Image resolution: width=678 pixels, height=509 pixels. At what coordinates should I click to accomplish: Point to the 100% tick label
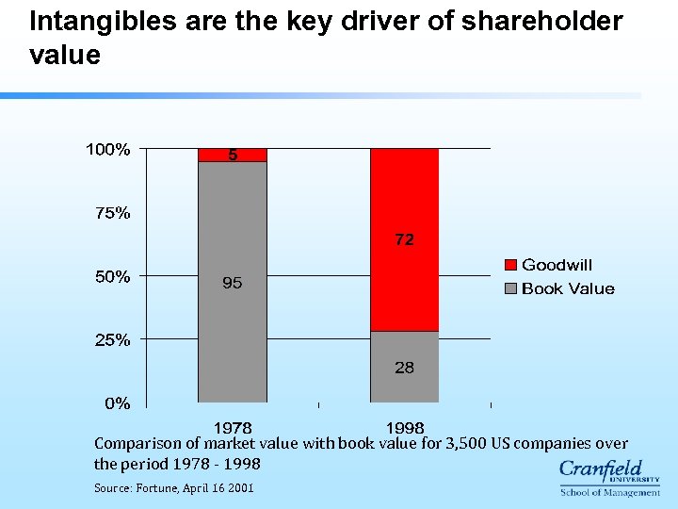click(108, 149)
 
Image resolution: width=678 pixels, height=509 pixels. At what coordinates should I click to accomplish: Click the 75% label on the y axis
click(113, 213)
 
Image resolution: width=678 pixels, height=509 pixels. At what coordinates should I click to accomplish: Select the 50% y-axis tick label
click(113, 277)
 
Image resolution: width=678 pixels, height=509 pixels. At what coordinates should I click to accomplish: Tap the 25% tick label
click(113, 340)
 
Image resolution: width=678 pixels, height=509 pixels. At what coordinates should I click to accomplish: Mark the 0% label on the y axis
click(118, 403)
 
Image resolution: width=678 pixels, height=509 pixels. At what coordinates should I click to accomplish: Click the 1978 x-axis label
click(233, 428)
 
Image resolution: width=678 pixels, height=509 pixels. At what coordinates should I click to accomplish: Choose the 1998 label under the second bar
click(405, 428)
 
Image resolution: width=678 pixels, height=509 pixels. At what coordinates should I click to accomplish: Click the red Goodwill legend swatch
click(511, 266)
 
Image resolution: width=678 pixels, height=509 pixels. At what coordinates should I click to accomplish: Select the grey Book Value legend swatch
click(511, 288)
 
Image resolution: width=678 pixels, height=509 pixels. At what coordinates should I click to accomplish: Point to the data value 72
click(404, 240)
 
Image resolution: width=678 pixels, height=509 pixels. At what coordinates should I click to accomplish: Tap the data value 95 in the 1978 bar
click(232, 283)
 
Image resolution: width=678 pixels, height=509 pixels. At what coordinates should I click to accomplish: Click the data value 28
click(404, 368)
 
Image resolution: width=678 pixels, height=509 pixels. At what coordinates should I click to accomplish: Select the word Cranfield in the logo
click(601, 468)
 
